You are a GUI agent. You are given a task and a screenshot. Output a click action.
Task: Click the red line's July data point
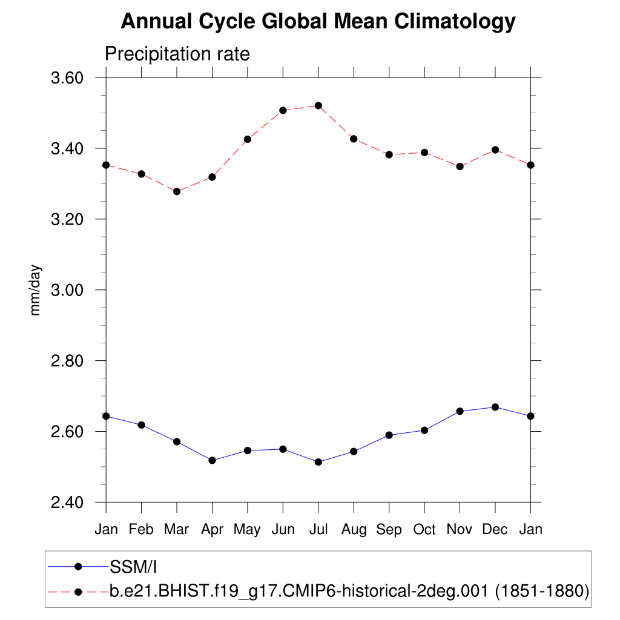[318, 105]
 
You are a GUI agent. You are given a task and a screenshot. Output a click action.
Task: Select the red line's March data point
[177, 191]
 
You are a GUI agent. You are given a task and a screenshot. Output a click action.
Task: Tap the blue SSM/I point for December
[495, 407]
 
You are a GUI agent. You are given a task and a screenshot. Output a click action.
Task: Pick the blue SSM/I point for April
[212, 460]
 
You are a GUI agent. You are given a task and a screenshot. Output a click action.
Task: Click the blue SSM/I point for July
[318, 462]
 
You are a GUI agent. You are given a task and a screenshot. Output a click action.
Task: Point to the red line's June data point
[283, 110]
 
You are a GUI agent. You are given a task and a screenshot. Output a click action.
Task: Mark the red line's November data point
[460, 166]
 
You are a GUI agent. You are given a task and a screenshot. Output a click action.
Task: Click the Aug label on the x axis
[354, 530]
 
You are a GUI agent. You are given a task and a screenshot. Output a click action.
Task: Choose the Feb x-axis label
[141, 530]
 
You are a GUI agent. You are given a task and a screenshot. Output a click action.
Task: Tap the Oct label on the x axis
[424, 530]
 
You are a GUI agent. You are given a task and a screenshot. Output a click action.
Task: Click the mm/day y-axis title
[36, 290]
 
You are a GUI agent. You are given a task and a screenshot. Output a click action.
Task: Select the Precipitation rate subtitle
[177, 54]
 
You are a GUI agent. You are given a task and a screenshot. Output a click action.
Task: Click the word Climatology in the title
[455, 22]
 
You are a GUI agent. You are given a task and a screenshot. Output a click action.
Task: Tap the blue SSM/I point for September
[389, 435]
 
